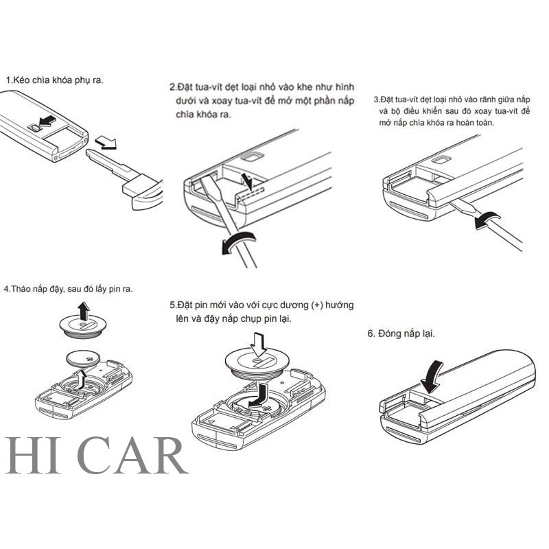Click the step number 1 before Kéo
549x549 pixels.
tap(8, 80)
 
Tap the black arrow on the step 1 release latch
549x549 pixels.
tap(47, 121)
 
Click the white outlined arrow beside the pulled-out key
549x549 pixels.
tap(106, 142)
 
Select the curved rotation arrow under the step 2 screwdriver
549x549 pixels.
tap(238, 242)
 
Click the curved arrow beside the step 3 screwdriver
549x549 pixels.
tap(487, 220)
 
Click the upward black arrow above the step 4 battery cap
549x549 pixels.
tap(84, 312)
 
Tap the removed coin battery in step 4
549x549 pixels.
tap(83, 359)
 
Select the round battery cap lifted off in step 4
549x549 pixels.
tap(82, 327)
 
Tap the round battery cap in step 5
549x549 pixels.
tap(257, 366)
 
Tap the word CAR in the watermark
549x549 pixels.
tap(135, 456)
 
